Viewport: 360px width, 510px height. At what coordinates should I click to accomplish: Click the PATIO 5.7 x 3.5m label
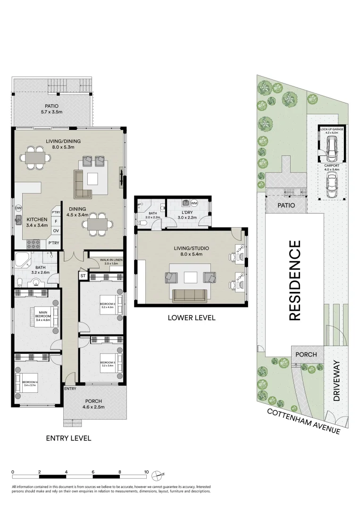pyautogui.click(x=54, y=109)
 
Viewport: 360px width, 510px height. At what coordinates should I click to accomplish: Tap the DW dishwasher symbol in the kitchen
pyautogui.click(x=18, y=208)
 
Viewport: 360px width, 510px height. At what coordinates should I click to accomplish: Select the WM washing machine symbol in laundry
pyautogui.click(x=194, y=203)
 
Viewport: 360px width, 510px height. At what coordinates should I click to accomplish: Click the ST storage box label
pyautogui.click(x=82, y=275)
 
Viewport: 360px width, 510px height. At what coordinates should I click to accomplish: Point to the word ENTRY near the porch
pyautogui.click(x=70, y=389)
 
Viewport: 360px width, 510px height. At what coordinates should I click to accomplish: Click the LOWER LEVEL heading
pyautogui.click(x=191, y=318)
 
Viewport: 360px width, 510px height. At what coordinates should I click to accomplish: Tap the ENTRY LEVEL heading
pyautogui.click(x=68, y=438)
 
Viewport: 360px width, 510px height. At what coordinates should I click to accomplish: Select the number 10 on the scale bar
pyautogui.click(x=147, y=472)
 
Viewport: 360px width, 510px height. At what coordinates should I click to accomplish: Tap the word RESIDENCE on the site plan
pyautogui.click(x=294, y=280)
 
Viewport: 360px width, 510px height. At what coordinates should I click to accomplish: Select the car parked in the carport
pyautogui.click(x=332, y=185)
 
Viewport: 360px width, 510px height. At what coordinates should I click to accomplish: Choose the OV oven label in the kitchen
pyautogui.click(x=56, y=231)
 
